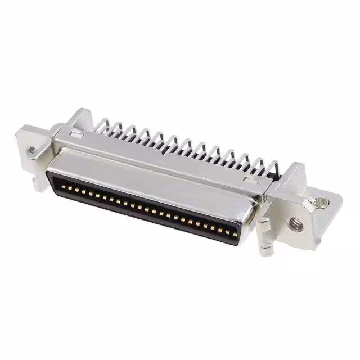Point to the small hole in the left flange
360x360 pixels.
point(32,150)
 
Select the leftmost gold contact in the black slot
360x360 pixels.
point(62,186)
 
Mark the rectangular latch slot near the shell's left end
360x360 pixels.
point(77,134)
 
